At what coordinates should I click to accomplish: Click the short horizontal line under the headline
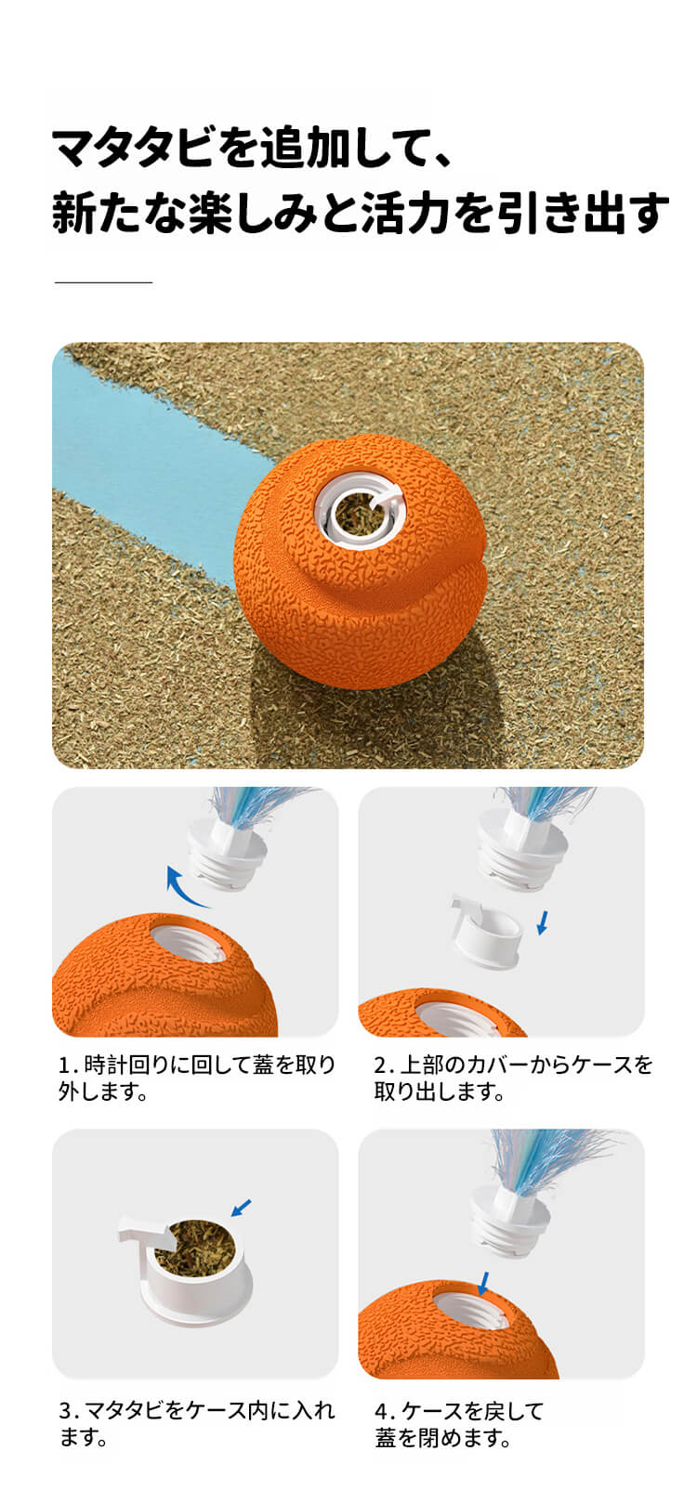(103, 282)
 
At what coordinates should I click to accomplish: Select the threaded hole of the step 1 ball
(192, 947)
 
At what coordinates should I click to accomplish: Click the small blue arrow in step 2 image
(543, 921)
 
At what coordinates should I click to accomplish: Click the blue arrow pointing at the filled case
(241, 1208)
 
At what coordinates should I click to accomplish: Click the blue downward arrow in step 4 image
(483, 1283)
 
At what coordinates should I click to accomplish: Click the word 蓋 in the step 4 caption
(386, 1438)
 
